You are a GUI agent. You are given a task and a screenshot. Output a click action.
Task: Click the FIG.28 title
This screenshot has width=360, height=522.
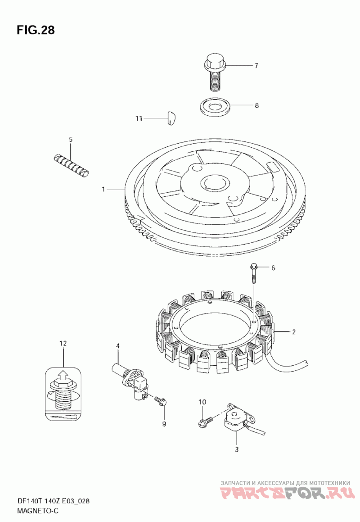(36, 30)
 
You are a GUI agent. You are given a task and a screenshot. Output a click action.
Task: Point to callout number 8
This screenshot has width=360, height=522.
(256, 106)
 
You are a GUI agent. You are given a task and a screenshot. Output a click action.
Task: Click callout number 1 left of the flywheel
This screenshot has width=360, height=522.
(103, 190)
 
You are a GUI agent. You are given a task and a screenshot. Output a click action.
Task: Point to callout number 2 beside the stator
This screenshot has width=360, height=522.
(293, 332)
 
